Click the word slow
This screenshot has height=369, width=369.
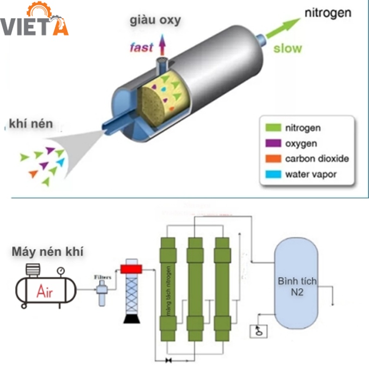click(x=287, y=47)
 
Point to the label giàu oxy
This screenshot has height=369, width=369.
click(x=155, y=20)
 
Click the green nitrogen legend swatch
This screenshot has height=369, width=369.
click(x=271, y=128)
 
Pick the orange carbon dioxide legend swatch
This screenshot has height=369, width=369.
click(x=271, y=159)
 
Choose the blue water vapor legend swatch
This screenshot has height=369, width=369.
click(x=271, y=175)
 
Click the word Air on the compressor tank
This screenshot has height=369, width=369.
click(x=45, y=292)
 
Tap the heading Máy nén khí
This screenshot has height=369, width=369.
click(x=47, y=251)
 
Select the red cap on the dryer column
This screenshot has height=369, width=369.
click(x=132, y=269)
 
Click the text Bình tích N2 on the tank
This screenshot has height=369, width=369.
click(x=297, y=287)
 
